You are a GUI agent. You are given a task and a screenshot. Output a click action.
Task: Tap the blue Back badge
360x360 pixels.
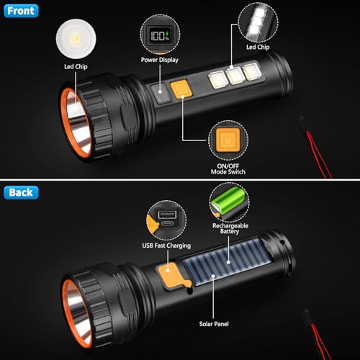click(22, 193)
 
